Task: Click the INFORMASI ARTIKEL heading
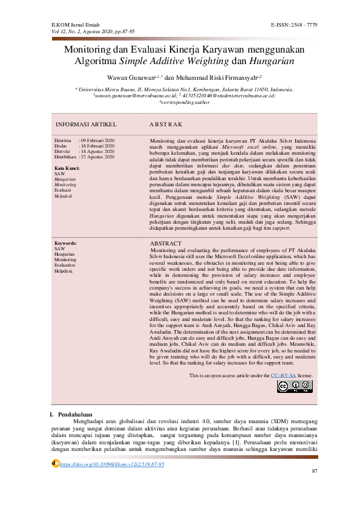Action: pyautogui.click(x=85, y=124)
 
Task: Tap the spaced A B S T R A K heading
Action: pyautogui.click(x=166, y=124)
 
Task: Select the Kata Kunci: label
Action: pyautogui.click(x=67, y=167)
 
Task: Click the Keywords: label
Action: pyautogui.click(x=66, y=259)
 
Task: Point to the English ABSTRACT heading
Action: pyautogui.click(x=165, y=260)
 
